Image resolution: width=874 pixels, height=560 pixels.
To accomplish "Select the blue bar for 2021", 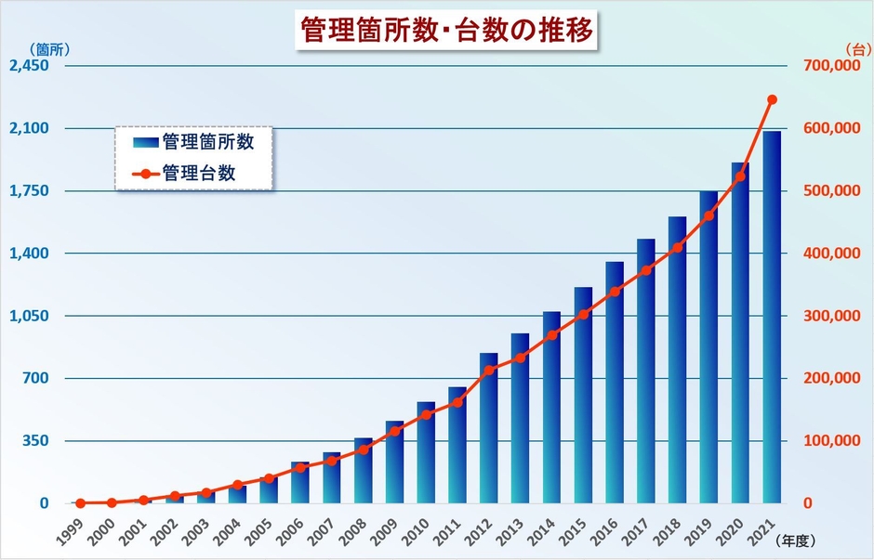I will coord(772,316).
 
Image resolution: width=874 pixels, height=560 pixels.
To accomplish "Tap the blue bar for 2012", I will coord(488,427).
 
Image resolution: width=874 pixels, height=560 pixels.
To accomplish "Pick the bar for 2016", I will coord(615,381).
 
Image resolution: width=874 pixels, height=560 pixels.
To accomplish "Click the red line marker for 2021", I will coord(772,99).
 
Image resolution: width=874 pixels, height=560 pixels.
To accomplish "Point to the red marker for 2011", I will coord(457,402).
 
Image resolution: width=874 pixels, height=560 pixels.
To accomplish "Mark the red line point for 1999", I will coord(80,502).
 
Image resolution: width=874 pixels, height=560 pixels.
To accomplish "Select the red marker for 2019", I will coord(708,216).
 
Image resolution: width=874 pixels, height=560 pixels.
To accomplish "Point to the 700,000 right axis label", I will coord(831,66).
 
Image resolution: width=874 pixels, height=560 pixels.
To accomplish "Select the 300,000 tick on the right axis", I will coord(831,316).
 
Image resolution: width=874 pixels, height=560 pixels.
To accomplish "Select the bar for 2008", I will coord(363,470).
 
